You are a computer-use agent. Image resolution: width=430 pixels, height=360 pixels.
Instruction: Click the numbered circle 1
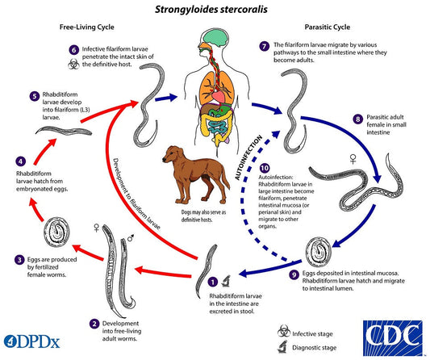(x=212, y=283)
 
